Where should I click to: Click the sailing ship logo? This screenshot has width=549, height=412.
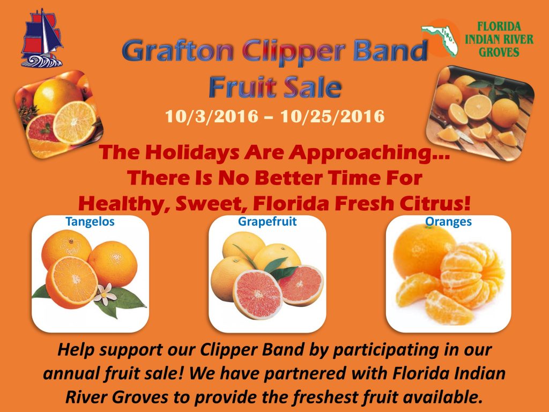[x=42, y=38]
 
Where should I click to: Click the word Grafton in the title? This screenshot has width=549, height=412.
[x=177, y=50]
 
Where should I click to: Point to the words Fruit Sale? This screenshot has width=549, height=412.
[x=275, y=87]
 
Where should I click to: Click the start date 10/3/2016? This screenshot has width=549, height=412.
[x=211, y=116]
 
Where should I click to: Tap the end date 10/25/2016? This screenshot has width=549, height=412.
[x=332, y=116]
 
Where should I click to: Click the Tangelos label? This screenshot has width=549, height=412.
[x=90, y=222]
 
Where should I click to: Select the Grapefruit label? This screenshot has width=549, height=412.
[x=267, y=222]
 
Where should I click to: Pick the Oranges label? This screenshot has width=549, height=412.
[x=448, y=222]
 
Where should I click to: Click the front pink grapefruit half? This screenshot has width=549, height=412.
[x=258, y=295]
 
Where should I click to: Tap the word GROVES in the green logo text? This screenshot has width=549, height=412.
[x=499, y=52]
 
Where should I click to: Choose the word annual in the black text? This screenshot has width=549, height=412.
[x=71, y=373]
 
